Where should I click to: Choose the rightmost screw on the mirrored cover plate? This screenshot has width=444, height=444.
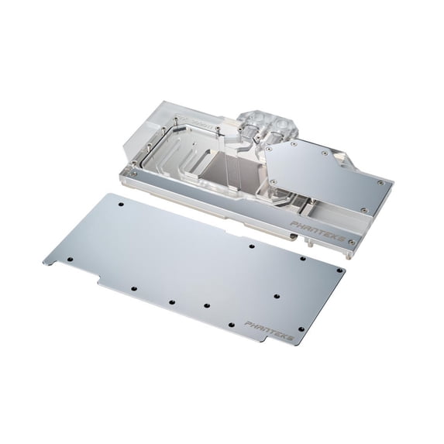(380, 182)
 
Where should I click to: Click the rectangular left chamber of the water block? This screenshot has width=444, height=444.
(170, 154)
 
